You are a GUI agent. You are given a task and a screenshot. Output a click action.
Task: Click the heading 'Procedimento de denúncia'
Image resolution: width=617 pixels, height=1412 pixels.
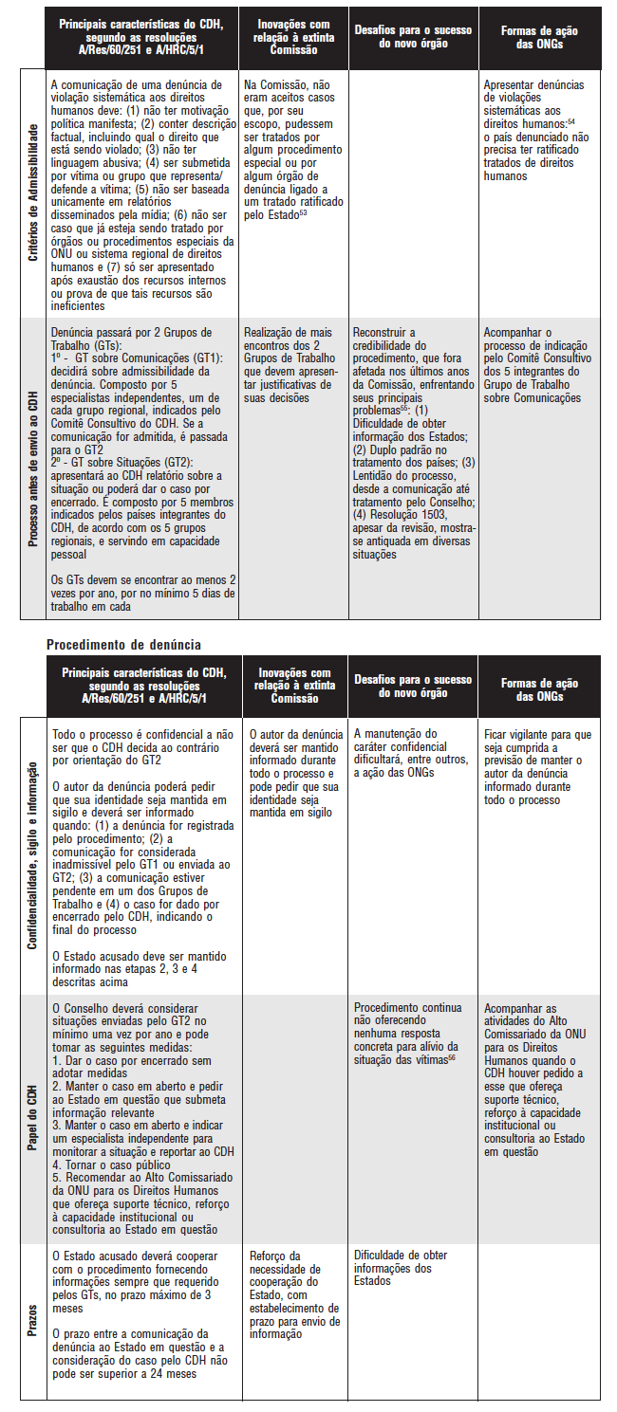tap(123, 645)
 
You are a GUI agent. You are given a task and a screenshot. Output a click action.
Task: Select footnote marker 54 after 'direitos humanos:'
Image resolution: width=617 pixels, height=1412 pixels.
tap(570, 122)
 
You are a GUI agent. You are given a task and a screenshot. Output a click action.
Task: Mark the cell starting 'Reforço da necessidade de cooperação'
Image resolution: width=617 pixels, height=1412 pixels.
tap(290, 1294)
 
